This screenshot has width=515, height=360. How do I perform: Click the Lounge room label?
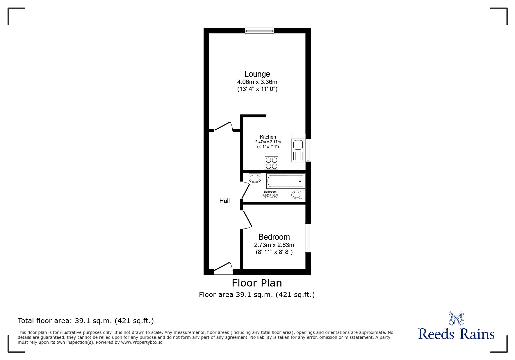(257, 74)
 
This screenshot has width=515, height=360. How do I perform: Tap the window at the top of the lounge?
(259, 31)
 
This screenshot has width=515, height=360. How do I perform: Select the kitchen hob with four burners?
(271, 163)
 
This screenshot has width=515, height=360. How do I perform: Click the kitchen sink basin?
(298, 145)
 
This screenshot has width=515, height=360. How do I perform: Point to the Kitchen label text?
(268, 137)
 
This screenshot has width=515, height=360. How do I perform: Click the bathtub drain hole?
(300, 181)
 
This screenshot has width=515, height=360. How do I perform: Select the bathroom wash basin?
(255, 178)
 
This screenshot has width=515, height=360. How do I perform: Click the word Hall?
(224, 201)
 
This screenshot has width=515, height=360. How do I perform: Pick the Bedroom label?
(274, 237)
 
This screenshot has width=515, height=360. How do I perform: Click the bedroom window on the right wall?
(308, 238)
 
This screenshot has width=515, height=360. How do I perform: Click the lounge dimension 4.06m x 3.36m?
(257, 82)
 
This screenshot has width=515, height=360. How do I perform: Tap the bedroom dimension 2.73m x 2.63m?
(274, 245)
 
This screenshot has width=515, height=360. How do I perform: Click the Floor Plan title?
(257, 283)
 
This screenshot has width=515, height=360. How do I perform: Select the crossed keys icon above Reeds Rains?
(456, 318)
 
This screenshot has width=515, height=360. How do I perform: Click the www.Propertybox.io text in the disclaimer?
(142, 342)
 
